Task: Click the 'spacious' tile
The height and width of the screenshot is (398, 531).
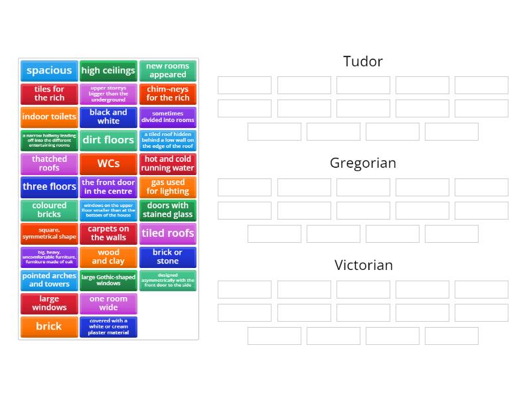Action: (x=49, y=70)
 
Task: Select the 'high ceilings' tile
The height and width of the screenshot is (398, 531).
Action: (x=108, y=70)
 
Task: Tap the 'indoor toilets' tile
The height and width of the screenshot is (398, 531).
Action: (x=49, y=117)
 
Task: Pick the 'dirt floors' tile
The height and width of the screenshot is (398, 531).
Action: (x=108, y=140)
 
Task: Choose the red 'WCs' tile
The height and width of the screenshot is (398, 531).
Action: (x=108, y=163)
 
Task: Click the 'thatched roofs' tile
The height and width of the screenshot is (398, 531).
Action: (x=49, y=163)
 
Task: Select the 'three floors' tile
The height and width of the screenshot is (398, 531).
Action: (x=49, y=186)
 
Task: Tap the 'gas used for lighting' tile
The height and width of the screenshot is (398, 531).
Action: (x=168, y=186)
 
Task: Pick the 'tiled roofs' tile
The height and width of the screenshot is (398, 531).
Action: (x=168, y=233)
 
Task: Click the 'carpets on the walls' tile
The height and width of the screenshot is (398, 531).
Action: (x=108, y=233)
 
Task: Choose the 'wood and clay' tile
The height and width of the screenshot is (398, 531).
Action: (x=108, y=257)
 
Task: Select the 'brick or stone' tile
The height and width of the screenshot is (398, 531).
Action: (x=168, y=257)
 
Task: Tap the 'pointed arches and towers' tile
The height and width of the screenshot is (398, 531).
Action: (x=49, y=280)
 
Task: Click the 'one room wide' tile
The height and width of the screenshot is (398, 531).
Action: (x=108, y=303)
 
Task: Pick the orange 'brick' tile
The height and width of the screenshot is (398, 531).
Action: (x=49, y=326)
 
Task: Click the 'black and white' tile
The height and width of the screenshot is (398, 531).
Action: (x=108, y=117)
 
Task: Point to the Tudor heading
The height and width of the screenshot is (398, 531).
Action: (x=362, y=62)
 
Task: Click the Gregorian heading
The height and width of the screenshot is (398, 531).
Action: (x=362, y=163)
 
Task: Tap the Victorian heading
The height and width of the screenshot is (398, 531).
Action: (x=363, y=265)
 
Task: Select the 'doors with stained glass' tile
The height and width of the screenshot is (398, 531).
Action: (x=168, y=210)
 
